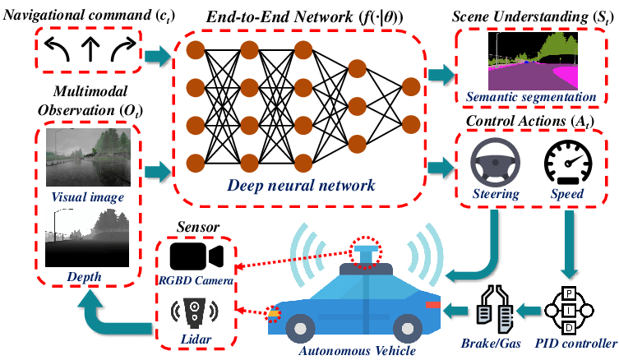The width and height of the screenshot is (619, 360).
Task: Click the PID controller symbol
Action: (569, 310)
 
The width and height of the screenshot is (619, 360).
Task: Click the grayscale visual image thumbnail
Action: (89, 158)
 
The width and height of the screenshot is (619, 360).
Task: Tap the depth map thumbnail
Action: (89, 238)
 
